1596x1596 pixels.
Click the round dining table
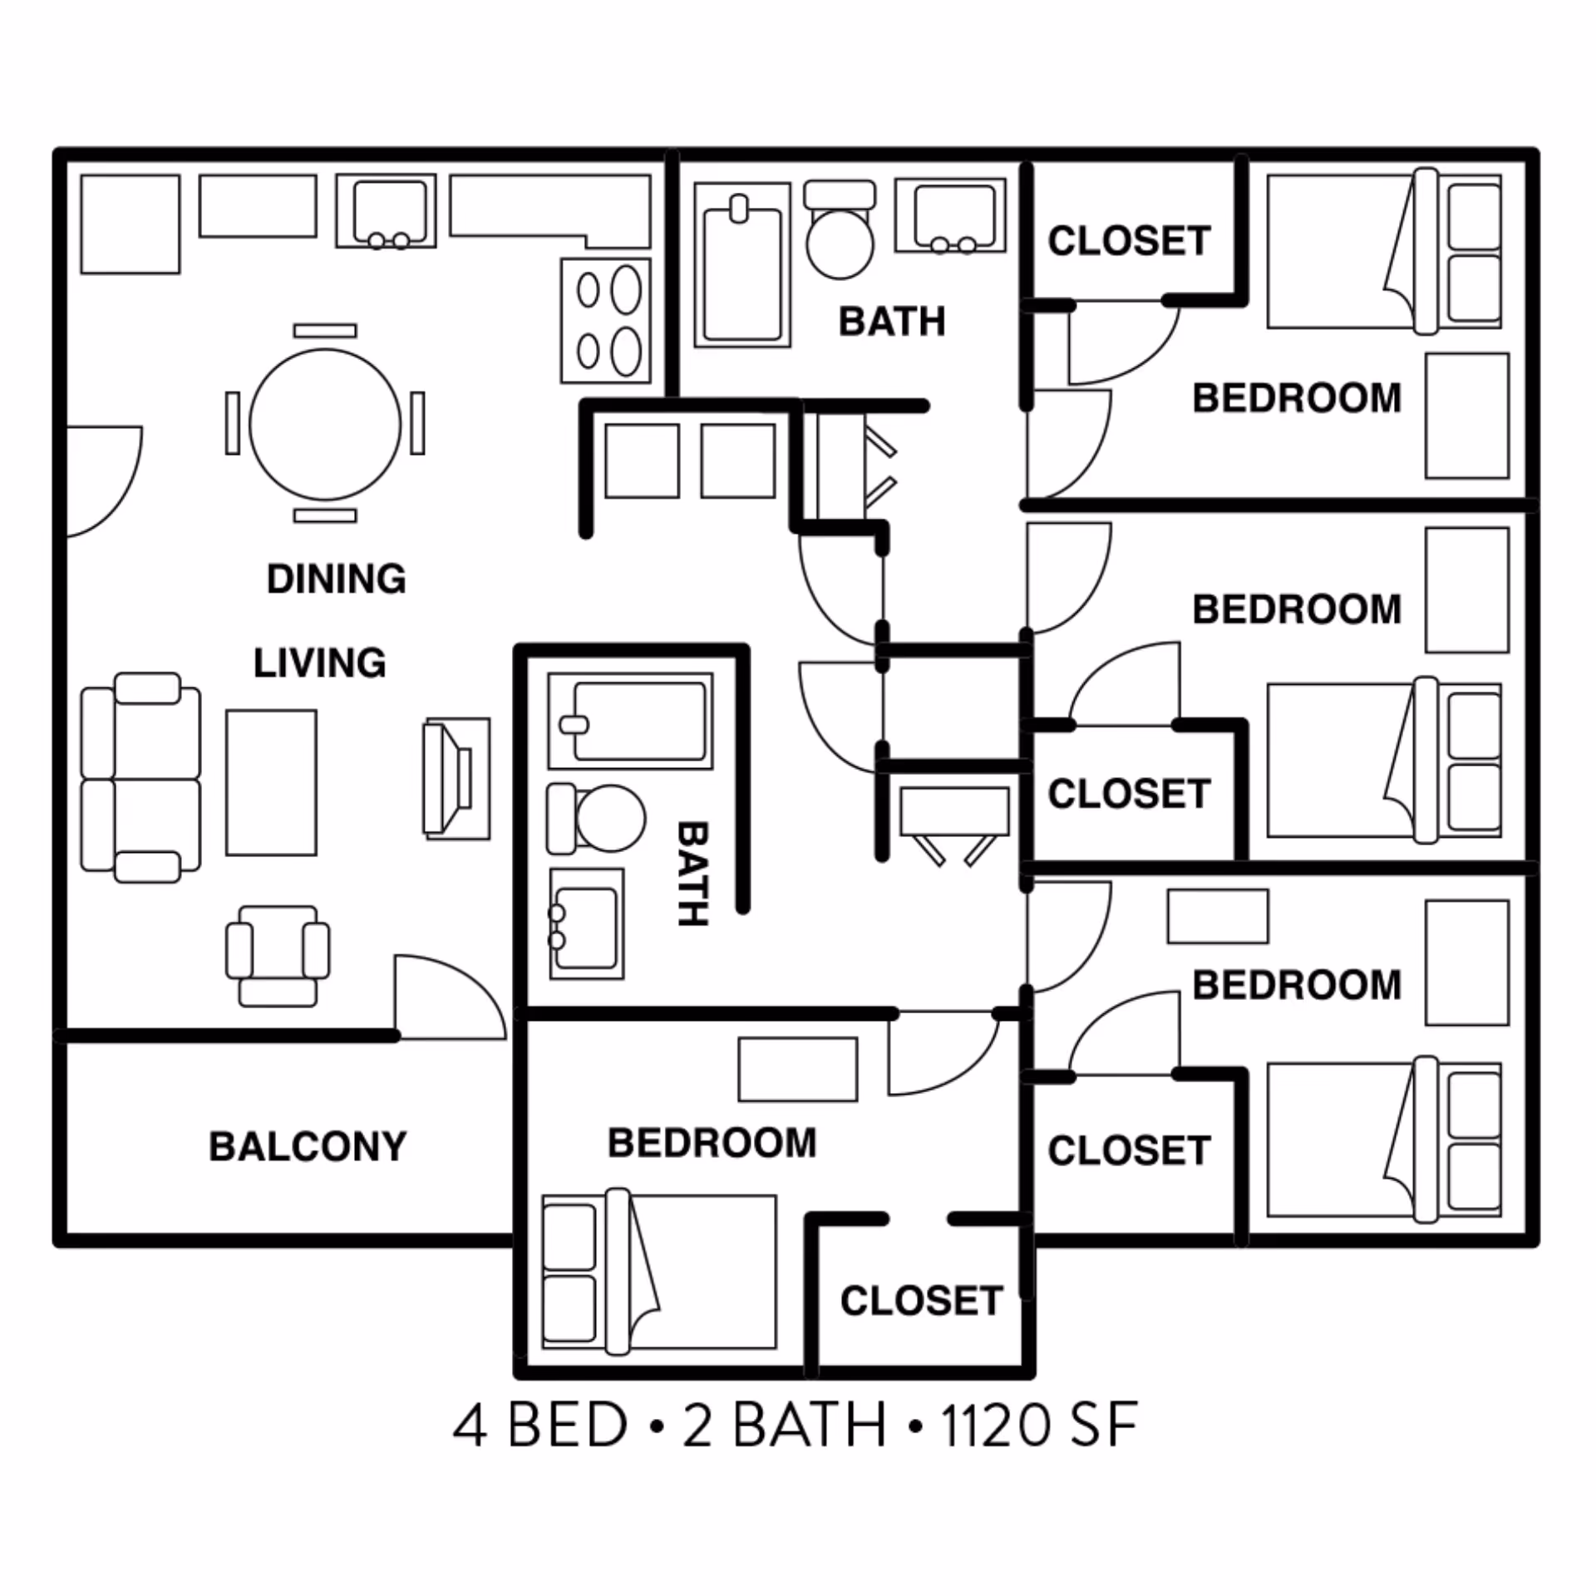[325, 424]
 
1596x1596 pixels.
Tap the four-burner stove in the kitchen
[605, 321]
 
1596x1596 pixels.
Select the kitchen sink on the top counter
[386, 211]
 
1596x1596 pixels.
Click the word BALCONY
[308, 1146]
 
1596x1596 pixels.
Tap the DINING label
[336, 579]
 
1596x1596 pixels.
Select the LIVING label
[319, 663]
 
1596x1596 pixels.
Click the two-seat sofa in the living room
[141, 778]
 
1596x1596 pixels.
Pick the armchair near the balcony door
[278, 956]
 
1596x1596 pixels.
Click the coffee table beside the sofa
[271, 782]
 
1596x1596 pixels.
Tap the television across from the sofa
[456, 779]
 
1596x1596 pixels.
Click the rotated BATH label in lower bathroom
[692, 874]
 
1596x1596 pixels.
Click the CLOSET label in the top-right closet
[1128, 241]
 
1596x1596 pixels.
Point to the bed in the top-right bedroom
[1383, 251]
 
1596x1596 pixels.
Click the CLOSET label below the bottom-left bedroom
[921, 1301]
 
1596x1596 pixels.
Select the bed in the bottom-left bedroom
[658, 1273]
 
